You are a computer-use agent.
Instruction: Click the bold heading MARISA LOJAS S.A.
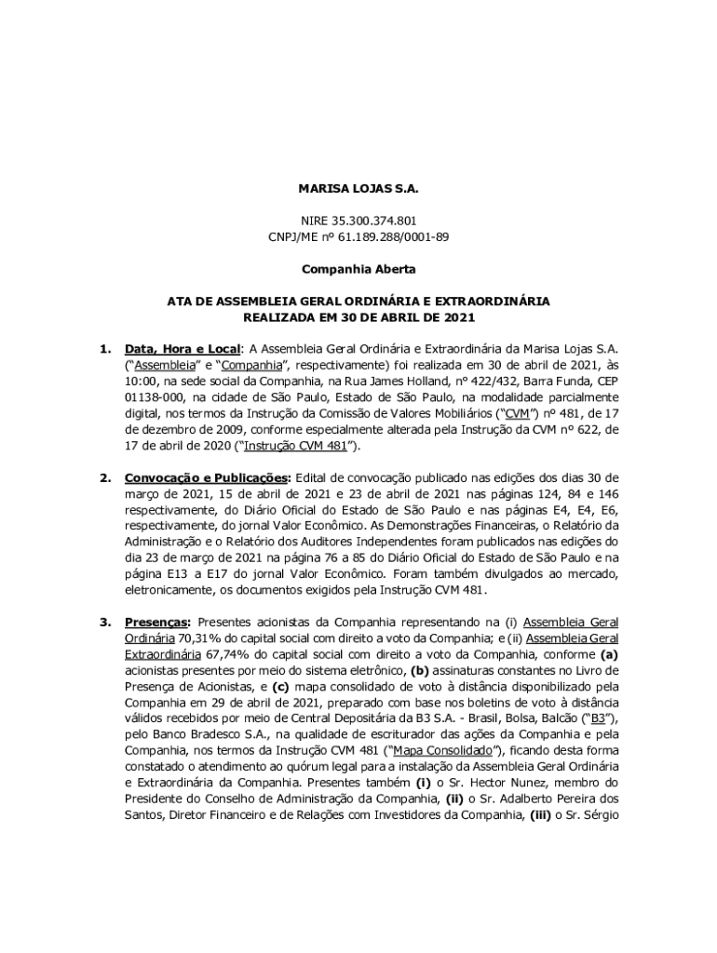click(x=358, y=189)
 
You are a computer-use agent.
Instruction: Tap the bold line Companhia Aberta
click(x=358, y=269)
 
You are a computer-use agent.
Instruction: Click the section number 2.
click(x=104, y=477)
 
